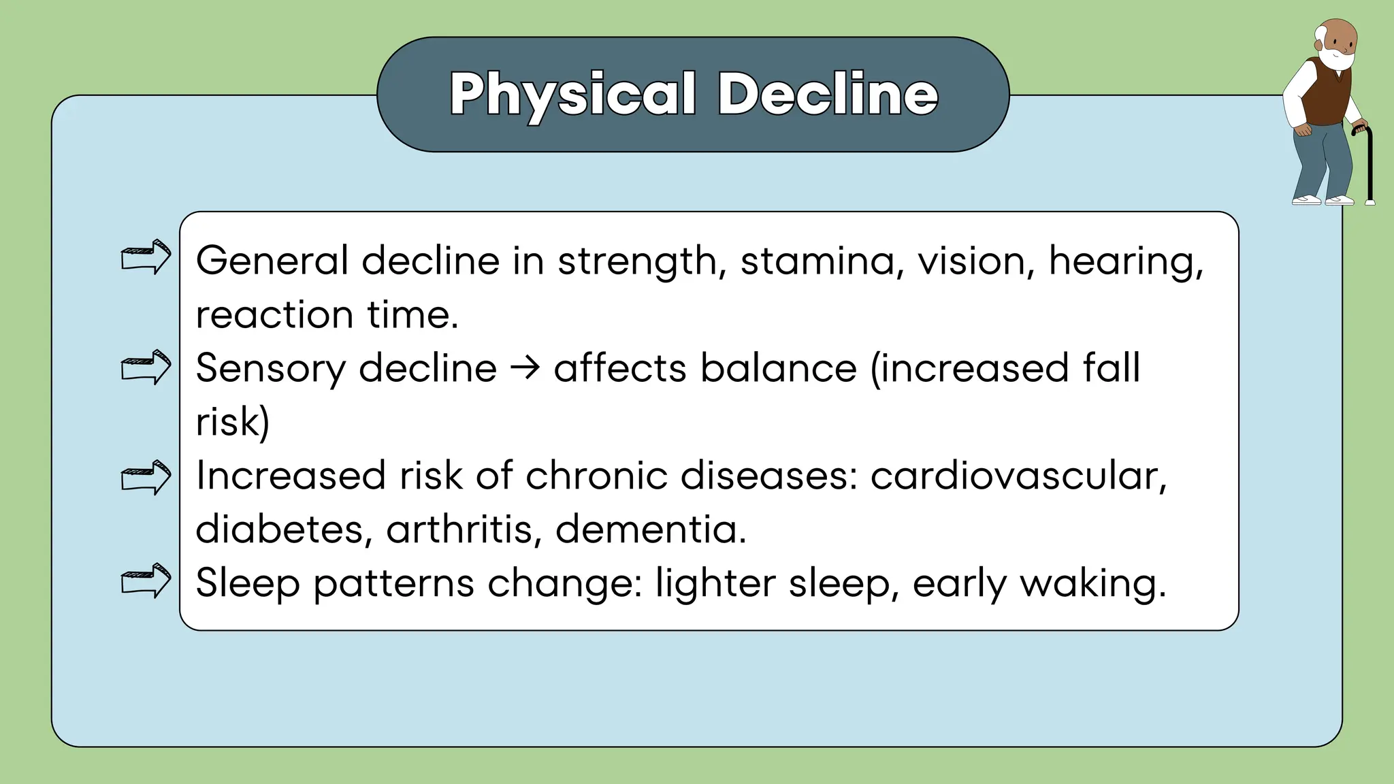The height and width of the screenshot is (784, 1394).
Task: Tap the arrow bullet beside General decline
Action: [x=146, y=257]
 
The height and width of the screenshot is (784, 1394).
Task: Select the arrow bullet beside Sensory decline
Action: [x=146, y=367]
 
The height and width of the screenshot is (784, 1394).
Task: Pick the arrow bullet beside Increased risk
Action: [x=146, y=477]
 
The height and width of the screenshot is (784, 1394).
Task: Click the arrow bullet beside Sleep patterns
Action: [x=146, y=581]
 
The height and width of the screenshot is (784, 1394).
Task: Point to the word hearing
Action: [x=1125, y=261]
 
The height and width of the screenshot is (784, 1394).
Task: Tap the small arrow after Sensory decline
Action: [x=525, y=368]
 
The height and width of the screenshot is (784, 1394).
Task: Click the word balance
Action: [x=778, y=368]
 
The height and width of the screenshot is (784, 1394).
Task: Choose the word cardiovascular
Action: [x=1018, y=476]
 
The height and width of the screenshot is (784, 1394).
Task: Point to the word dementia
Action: [x=650, y=529]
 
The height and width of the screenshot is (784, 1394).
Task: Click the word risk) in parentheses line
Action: [x=232, y=422]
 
